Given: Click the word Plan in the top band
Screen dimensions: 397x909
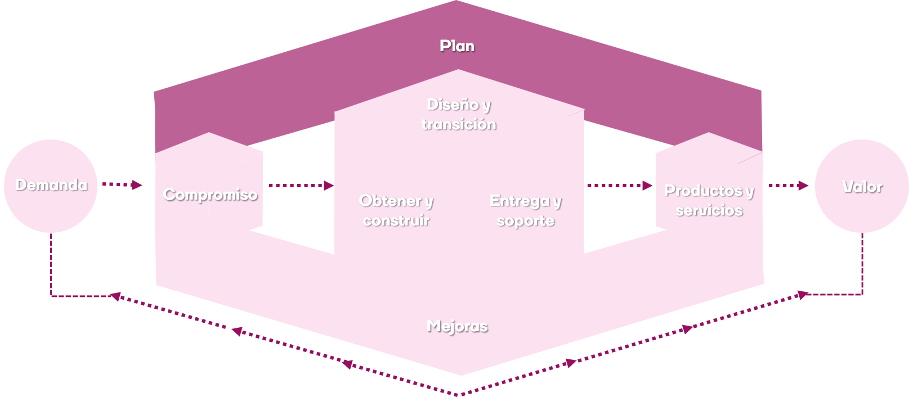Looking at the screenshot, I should [456, 46].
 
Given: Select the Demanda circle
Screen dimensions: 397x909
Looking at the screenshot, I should [51, 186].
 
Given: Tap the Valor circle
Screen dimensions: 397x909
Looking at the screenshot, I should [862, 186].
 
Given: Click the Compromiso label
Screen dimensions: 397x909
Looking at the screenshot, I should [211, 195].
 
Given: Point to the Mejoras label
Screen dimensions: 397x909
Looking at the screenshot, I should [457, 326].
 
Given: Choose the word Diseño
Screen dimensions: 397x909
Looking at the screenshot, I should [453, 105].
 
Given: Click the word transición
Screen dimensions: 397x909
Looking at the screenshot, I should [459, 124].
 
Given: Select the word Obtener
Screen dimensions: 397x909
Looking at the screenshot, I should [391, 201].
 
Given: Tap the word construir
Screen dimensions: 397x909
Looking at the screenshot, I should [396, 220].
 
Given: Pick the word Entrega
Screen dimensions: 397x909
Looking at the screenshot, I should [520, 201].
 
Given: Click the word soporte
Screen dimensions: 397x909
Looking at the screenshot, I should [526, 220].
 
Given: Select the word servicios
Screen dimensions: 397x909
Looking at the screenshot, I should [709, 210].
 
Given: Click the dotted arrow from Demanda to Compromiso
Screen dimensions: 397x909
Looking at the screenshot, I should [122, 184].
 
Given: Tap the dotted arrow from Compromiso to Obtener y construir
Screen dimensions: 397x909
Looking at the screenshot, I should [301, 185].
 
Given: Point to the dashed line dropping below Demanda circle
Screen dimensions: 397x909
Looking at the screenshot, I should [51, 264].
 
